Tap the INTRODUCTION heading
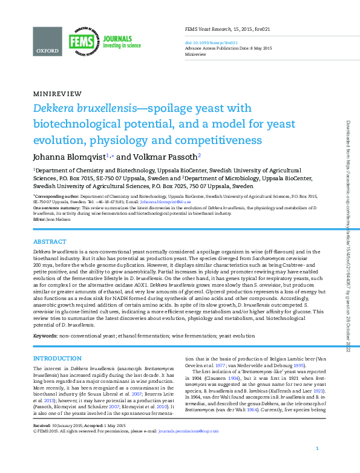pyautogui.click(x=61, y=359)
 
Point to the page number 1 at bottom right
pyautogui.click(x=317, y=465)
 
